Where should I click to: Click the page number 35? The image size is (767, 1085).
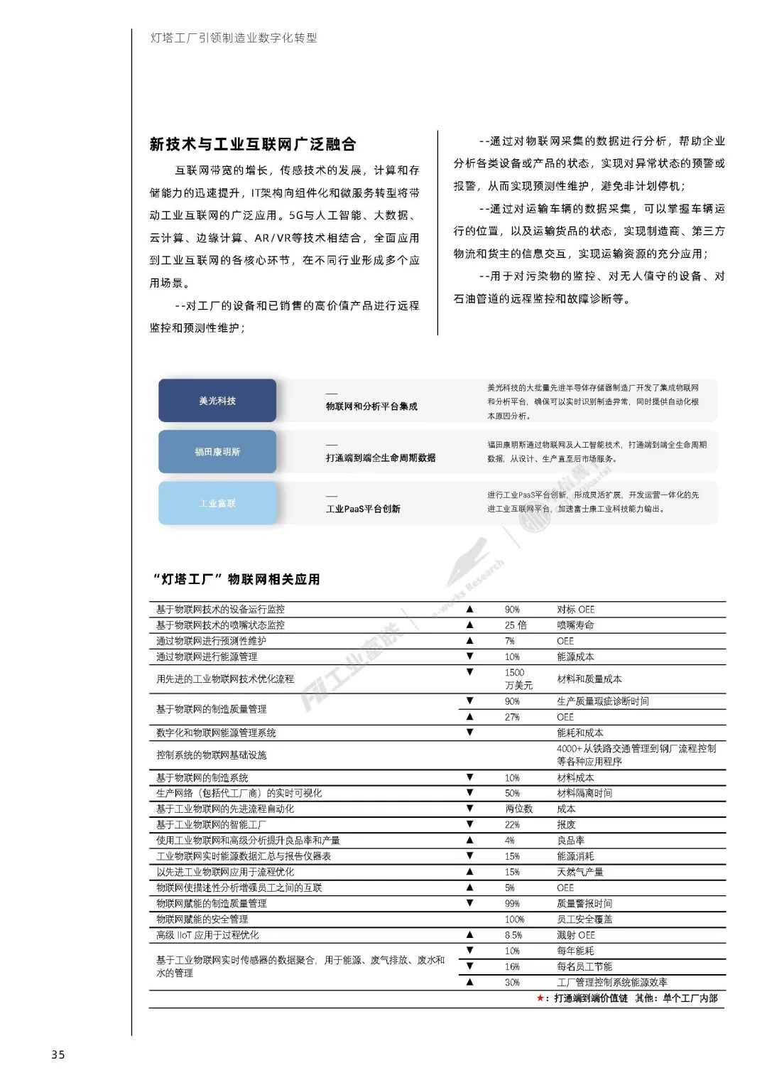(58, 1054)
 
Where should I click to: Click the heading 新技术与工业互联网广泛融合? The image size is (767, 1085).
(253, 144)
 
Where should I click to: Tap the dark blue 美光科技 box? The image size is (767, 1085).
(217, 401)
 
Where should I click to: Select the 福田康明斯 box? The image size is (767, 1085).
(217, 452)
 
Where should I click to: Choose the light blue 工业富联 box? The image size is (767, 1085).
(217, 503)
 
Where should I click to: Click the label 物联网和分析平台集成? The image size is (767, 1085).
(371, 406)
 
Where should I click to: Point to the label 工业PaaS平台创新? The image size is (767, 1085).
(363, 509)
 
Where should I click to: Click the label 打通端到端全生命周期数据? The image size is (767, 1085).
(381, 458)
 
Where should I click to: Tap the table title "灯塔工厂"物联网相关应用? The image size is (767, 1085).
(236, 579)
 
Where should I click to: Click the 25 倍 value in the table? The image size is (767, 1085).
(516, 625)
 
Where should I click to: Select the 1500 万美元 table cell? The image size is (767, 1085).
(518, 679)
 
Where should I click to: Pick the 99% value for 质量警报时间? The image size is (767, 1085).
(512, 903)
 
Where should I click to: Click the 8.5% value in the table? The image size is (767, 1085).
(513, 935)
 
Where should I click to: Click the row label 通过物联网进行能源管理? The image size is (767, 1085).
(207, 657)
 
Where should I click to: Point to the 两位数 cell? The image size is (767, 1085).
(518, 809)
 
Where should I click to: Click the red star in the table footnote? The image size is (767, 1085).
(541, 998)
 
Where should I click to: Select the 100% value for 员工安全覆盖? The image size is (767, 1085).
(514, 919)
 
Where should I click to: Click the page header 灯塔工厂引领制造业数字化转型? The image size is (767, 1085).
(234, 38)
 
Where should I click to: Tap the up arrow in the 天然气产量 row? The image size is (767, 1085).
(469, 871)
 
